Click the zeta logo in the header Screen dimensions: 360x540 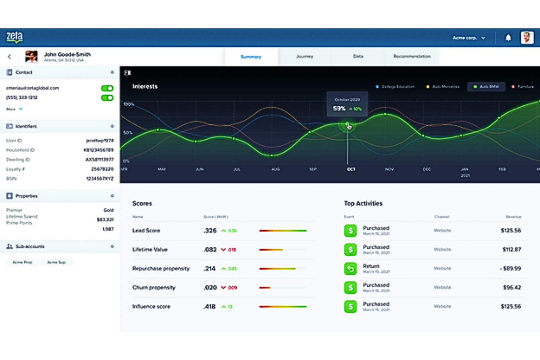[x=15, y=37]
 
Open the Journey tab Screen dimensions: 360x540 [x=305, y=57]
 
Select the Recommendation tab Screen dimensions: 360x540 [x=412, y=57]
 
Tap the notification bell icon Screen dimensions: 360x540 [x=508, y=38]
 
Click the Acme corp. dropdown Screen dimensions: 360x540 [x=468, y=38]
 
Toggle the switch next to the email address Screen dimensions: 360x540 [x=107, y=88]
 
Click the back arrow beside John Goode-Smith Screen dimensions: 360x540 [x=9, y=57]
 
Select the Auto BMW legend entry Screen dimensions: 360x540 [x=486, y=87]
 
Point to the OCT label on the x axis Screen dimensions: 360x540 [x=351, y=169]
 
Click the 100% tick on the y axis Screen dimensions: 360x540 [x=128, y=104]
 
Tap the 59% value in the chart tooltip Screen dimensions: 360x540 [x=339, y=108]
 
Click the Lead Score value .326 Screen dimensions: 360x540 [x=210, y=231]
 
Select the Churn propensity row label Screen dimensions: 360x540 [x=154, y=287]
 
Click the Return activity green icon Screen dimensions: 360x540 [x=350, y=268]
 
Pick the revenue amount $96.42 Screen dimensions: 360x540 [x=512, y=287]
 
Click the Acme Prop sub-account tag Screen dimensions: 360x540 [x=22, y=262]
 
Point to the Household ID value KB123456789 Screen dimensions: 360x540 [x=99, y=150]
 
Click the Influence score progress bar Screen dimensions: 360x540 [x=283, y=306]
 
